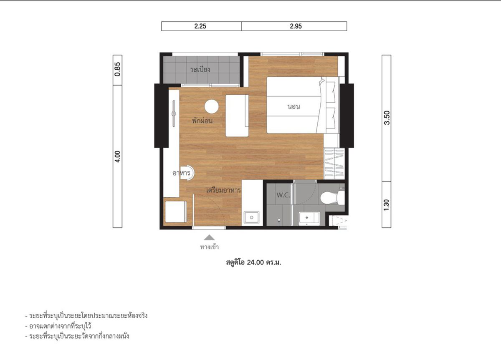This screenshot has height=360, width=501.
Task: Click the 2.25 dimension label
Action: (x=200, y=26)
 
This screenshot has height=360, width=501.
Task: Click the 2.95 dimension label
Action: (x=296, y=26)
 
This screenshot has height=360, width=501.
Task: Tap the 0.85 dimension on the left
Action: (x=118, y=69)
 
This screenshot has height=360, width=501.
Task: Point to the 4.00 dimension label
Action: (x=118, y=157)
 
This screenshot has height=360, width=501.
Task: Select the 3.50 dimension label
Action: (x=387, y=118)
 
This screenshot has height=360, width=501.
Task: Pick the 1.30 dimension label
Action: (x=387, y=205)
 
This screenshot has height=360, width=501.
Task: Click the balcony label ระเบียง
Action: (x=200, y=69)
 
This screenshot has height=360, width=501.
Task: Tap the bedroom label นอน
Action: (x=294, y=107)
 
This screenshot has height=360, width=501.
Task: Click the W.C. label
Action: (x=283, y=195)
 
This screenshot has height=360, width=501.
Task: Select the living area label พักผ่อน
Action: (x=202, y=121)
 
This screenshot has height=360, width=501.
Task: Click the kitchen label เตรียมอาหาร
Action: (x=223, y=190)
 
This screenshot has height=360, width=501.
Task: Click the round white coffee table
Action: (x=211, y=107)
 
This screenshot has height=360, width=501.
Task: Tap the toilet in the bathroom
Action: (x=332, y=197)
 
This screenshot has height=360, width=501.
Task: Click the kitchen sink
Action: (x=252, y=217)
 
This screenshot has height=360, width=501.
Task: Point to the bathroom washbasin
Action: (x=309, y=218)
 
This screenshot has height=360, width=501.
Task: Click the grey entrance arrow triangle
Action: (x=209, y=237)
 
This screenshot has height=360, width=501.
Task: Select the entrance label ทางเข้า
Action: (x=209, y=247)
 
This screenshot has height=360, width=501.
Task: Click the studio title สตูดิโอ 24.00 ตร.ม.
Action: (x=253, y=262)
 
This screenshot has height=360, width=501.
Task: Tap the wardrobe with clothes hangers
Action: (x=334, y=164)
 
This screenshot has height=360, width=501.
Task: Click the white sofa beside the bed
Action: (x=237, y=116)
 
